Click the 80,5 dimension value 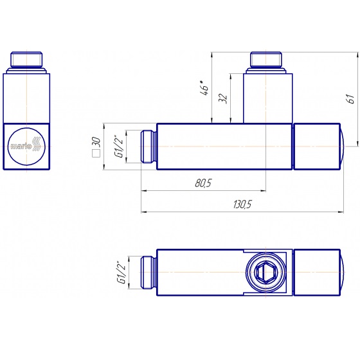click(x=203, y=183)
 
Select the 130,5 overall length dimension click(x=243, y=204)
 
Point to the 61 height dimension click(x=351, y=98)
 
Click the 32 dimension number click(x=223, y=98)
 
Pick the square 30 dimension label click(x=96, y=147)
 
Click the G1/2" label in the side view click(x=121, y=147)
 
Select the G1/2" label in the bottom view click(x=121, y=273)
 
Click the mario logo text click(x=21, y=146)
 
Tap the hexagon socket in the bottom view click(x=266, y=273)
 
